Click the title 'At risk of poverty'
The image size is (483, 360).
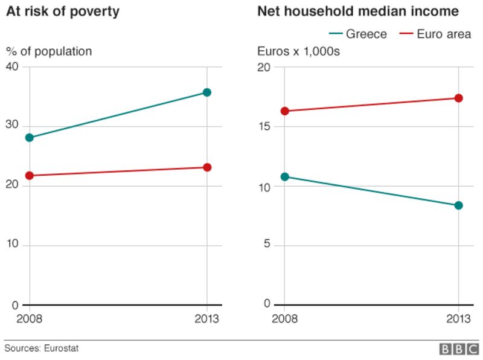click(x=62, y=11)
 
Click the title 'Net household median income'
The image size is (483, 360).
click(x=358, y=11)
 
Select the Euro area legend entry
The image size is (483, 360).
click(x=435, y=34)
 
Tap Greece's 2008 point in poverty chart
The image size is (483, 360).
click(x=30, y=138)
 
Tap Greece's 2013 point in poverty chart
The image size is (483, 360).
click(x=207, y=92)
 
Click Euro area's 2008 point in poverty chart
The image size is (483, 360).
click(x=30, y=176)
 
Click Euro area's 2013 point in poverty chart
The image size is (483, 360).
click(x=207, y=167)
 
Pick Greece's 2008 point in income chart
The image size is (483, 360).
click(x=284, y=177)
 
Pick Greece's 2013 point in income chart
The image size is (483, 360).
click(x=459, y=205)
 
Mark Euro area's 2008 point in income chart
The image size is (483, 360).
click(x=284, y=111)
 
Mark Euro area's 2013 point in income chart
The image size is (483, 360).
click(x=459, y=98)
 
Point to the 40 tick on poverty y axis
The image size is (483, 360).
click(x=12, y=67)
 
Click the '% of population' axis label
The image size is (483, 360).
click(x=49, y=51)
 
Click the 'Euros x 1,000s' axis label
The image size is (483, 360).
click(x=298, y=51)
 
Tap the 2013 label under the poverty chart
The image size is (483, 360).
click(x=207, y=319)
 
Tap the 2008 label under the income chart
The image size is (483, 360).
click(x=284, y=319)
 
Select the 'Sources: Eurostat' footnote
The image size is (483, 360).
click(x=42, y=349)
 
